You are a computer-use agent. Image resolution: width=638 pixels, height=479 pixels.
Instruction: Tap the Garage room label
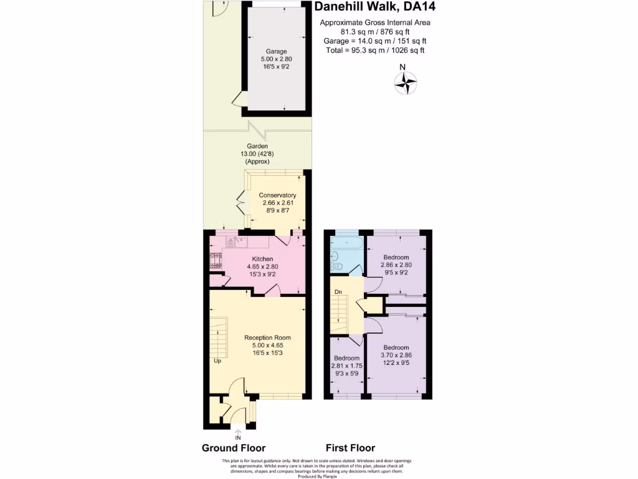click(x=275, y=51)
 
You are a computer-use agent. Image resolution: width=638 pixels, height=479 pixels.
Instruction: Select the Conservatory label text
click(x=277, y=195)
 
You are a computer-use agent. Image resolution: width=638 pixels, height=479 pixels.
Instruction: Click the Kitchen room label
click(x=262, y=259)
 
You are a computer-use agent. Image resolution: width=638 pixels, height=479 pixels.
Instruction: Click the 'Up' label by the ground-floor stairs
click(x=217, y=361)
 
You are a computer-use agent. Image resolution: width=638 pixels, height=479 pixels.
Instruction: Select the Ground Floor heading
click(x=234, y=448)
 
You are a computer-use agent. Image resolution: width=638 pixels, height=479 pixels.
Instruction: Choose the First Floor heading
click(x=350, y=448)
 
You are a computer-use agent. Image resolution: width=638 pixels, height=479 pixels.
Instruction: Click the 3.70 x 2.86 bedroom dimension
click(x=396, y=356)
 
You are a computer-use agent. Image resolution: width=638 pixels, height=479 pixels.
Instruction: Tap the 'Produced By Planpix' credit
click(x=318, y=476)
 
